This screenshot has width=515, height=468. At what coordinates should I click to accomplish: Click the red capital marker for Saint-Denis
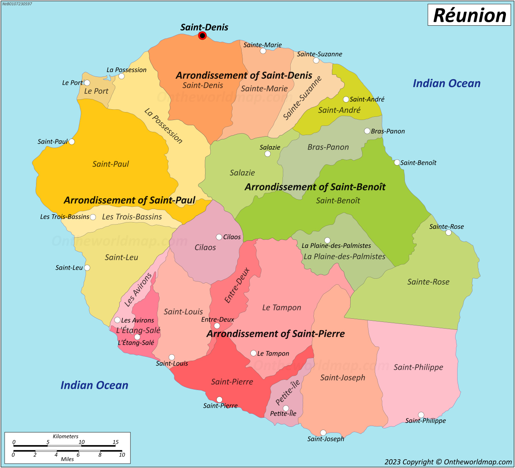tap(202, 36)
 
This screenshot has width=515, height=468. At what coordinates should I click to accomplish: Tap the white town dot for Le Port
tap(87, 83)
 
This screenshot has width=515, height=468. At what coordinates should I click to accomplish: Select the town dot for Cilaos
tap(219, 237)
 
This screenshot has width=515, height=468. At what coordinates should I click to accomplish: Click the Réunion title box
tap(469, 15)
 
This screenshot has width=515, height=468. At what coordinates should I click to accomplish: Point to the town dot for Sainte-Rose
tap(448, 232)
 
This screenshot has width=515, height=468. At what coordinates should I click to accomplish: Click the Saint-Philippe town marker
tap(421, 415)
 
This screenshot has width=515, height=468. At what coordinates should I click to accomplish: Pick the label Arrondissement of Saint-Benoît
tap(315, 187)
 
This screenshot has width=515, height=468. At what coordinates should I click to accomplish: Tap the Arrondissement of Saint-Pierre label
tap(276, 334)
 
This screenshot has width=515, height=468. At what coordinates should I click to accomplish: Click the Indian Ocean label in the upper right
tap(446, 84)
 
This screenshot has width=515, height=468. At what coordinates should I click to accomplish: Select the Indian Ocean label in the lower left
tap(94, 385)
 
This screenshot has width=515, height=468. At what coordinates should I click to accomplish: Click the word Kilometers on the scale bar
tap(66, 436)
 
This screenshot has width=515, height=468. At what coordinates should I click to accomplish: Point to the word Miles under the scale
tap(67, 459)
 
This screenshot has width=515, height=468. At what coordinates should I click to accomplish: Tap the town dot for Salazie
tap(267, 154)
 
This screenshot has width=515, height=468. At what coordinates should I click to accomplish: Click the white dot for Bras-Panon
tap(367, 131)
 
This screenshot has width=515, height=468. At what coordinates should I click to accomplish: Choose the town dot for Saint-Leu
tap(87, 268)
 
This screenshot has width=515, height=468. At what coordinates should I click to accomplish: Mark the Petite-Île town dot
tap(286, 408)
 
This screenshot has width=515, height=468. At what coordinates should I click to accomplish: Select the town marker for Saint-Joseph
tap(323, 433)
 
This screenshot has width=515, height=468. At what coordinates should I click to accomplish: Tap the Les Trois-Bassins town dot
tap(93, 217)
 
